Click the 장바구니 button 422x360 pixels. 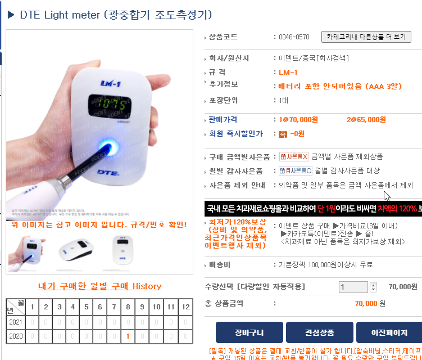[x=248, y=332]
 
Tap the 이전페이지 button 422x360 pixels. [x=389, y=332]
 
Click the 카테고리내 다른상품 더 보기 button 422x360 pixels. [x=366, y=37]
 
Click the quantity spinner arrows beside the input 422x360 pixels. [x=374, y=287]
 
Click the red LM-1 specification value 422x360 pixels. [x=288, y=73]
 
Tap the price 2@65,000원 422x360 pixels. [x=366, y=120]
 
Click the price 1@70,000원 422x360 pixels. [x=298, y=120]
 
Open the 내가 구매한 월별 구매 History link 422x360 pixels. [x=99, y=286]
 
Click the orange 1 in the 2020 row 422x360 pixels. [x=129, y=336]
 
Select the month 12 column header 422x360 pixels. [x=184, y=307]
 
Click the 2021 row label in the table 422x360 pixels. [x=16, y=322]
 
